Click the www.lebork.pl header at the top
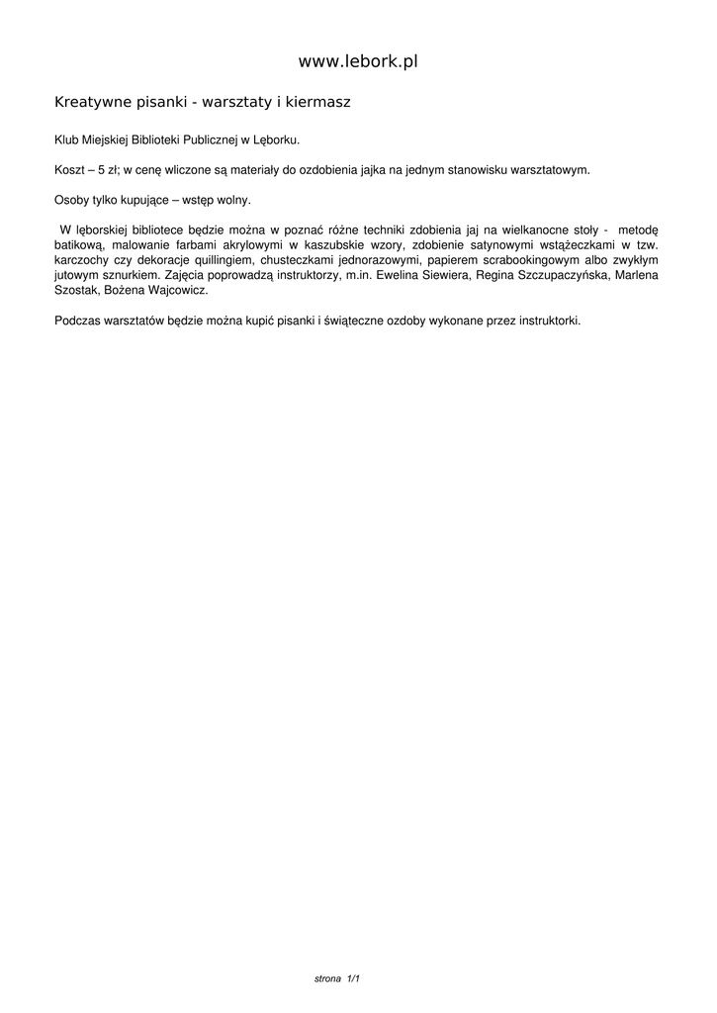click(358, 61)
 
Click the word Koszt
click(68, 169)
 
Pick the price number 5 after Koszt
click(101, 169)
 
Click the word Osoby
click(71, 199)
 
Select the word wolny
click(231, 199)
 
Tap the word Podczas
click(76, 321)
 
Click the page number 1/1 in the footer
click(352, 978)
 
